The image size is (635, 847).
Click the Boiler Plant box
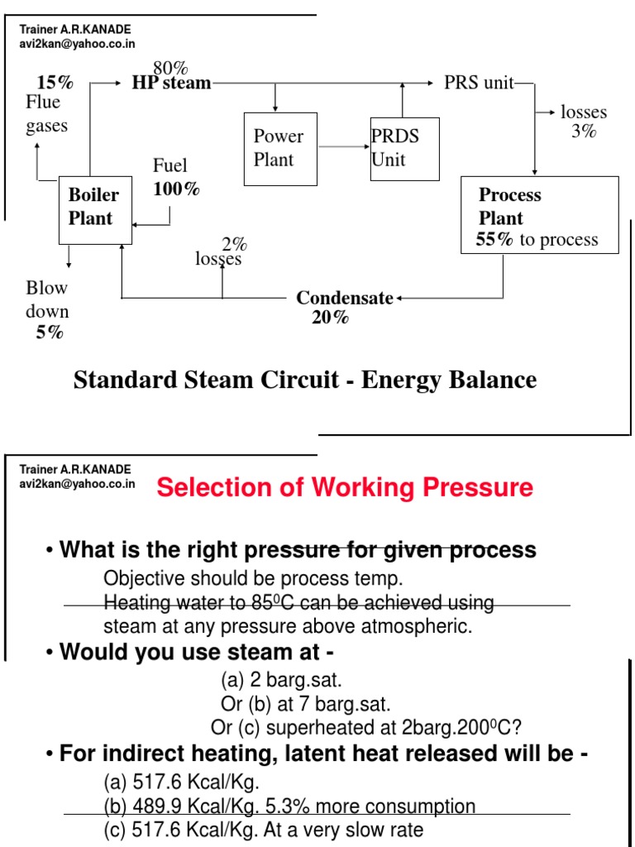click(95, 209)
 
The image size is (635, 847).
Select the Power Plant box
click(280, 149)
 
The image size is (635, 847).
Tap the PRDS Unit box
click(405, 149)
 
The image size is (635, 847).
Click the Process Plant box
click(538, 214)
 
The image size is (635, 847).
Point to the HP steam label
click(171, 83)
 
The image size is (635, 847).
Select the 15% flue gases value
click(55, 83)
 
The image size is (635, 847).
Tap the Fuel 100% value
click(176, 189)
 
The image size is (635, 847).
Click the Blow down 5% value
click(49, 333)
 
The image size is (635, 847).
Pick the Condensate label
click(345, 298)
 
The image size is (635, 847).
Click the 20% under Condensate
click(330, 317)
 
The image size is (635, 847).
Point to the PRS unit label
click(479, 83)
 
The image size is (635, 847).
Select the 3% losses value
click(583, 131)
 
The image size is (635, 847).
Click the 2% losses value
click(234, 244)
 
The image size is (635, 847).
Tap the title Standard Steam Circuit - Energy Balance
click(305, 380)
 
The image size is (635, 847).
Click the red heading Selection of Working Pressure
click(345, 487)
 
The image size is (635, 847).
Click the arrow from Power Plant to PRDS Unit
click(343, 148)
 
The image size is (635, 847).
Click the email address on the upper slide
click(77, 44)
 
